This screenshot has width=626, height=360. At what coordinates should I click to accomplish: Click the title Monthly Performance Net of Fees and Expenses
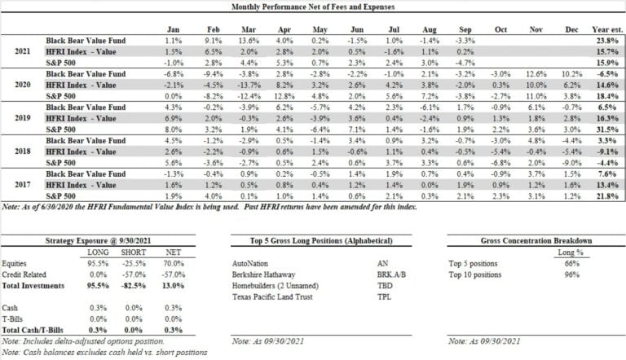pos(313,7)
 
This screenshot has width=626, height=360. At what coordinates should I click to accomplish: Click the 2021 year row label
pos(25,50)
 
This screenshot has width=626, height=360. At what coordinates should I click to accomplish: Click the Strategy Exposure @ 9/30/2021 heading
pos(103,241)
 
